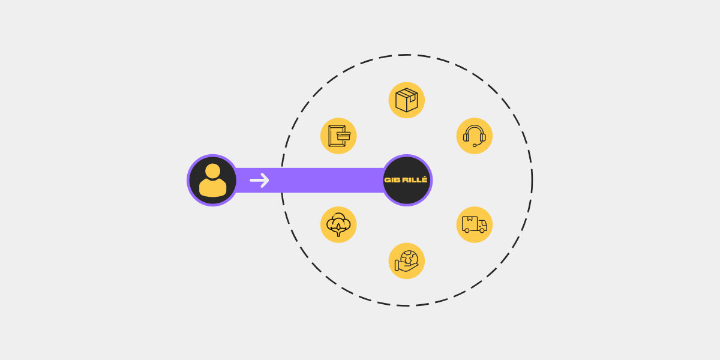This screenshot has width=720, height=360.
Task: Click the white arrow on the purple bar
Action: coord(259,181)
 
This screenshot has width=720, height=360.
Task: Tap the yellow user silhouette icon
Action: coord(213,181)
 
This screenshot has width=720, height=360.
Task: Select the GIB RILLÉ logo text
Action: coord(406,179)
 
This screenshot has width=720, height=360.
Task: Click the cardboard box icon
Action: coord(407,100)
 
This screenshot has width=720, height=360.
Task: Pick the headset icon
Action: coord(475,136)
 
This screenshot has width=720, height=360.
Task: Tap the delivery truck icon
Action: coord(475,224)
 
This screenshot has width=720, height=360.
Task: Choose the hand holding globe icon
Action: coord(407,260)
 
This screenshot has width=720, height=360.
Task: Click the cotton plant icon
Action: coord(338,224)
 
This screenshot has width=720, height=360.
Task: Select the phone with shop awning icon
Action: coord(339,136)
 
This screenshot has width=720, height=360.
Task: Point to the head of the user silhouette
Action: coord(213,170)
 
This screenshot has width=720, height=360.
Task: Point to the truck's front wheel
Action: coord(482,230)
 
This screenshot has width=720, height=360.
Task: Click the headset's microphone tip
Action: coord(475,146)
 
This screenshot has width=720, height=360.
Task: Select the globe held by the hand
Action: coord(409,258)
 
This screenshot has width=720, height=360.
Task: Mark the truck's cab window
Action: coord(483,223)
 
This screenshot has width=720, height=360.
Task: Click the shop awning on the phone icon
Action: coord(344,136)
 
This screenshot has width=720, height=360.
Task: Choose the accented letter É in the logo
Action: coord(425,179)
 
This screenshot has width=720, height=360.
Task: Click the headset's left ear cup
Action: coord(466,137)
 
